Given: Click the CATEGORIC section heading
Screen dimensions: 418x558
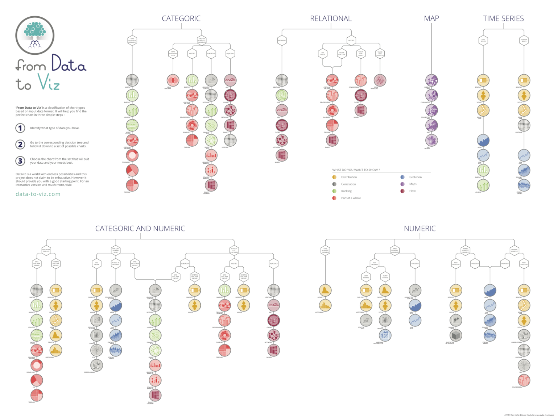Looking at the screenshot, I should tap(181, 18).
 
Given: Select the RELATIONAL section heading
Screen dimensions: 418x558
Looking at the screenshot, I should tap(331, 18).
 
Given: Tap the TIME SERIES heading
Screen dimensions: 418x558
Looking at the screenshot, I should tap(503, 18).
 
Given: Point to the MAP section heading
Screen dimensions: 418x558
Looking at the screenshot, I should tap(431, 18).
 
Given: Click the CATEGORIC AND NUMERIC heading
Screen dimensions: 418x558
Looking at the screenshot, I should tap(140, 229).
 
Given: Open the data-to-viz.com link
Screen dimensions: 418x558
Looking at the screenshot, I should tap(38, 194).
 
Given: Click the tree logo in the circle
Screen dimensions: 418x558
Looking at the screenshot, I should tap(35, 35).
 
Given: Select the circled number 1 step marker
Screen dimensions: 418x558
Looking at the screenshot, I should tap(20, 128).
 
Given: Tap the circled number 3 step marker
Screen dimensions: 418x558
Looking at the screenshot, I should tap(20, 161).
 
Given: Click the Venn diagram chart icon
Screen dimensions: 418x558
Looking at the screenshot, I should tap(173, 80).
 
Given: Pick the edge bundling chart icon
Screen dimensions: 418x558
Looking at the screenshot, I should tap(380, 80).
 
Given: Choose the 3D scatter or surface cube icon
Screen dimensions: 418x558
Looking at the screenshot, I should tap(456, 335).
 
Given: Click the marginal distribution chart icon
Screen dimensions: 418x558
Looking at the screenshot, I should tap(385, 335).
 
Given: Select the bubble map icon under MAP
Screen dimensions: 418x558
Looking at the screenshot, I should tap(431, 80).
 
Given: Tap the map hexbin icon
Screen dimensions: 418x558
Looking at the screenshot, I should tap(431, 140).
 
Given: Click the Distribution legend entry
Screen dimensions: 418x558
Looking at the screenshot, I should tap(349, 177).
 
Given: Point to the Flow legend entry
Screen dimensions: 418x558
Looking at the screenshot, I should tap(412, 191).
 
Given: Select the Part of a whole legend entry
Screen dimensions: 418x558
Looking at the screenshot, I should tap(351, 198).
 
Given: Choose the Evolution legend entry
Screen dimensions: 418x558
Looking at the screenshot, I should tap(415, 177).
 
